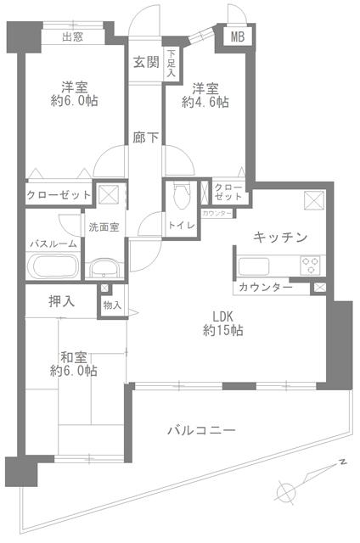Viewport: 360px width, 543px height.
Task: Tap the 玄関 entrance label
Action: [x=145, y=61]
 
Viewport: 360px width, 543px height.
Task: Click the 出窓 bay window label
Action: [x=71, y=36]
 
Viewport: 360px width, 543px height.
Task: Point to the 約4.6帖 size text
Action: [x=205, y=103]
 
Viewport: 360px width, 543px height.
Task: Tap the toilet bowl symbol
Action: [x=178, y=196]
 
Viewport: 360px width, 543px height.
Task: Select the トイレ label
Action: [x=182, y=225]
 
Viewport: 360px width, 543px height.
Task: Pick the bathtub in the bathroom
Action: [x=53, y=266]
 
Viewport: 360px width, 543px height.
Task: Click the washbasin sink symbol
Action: [x=104, y=269]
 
